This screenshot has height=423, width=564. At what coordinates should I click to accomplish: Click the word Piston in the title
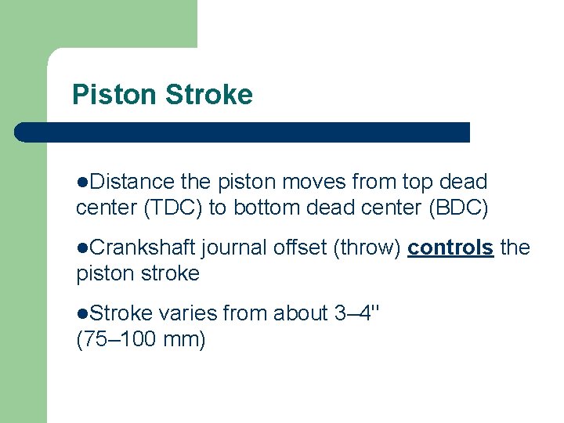114,95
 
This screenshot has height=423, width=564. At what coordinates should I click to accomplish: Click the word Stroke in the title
208,95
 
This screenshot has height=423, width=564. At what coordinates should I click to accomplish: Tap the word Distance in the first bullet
131,182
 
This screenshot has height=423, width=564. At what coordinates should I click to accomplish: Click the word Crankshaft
143,248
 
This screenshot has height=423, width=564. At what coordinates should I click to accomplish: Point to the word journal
234,248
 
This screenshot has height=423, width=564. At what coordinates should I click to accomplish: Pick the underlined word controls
450,248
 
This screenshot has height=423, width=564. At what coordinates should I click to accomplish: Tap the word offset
301,248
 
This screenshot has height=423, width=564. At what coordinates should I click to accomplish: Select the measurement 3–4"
357,313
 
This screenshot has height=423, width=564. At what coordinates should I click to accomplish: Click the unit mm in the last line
187,340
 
